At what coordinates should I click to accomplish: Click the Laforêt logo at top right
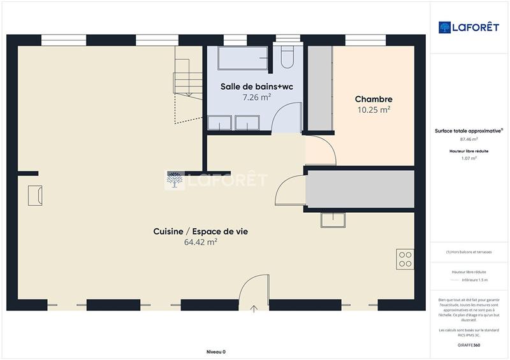[x=469, y=27]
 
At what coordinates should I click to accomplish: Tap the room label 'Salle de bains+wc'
[x=256, y=87]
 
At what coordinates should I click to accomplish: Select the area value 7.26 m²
[x=256, y=97]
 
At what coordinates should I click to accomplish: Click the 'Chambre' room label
[x=373, y=99]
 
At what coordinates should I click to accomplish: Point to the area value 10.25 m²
[x=373, y=110]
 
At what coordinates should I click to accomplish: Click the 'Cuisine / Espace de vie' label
[x=200, y=232]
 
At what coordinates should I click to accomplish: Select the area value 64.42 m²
[x=200, y=242]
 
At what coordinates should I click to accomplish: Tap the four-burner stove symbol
[x=405, y=258]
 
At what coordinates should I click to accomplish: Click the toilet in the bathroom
[x=286, y=57]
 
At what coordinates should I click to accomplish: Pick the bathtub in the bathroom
[x=243, y=59]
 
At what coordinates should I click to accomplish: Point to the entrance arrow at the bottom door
[x=254, y=309]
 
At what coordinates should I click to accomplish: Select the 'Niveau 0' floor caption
[x=215, y=352]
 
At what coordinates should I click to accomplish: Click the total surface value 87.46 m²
[x=469, y=139]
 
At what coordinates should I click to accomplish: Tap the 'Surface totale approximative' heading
[x=469, y=130]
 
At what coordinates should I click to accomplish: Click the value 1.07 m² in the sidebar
[x=469, y=158]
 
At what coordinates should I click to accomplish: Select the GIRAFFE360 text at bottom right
[x=469, y=344]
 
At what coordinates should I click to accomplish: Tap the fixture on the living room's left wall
[x=35, y=195]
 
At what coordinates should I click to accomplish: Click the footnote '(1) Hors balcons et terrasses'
[x=469, y=252]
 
